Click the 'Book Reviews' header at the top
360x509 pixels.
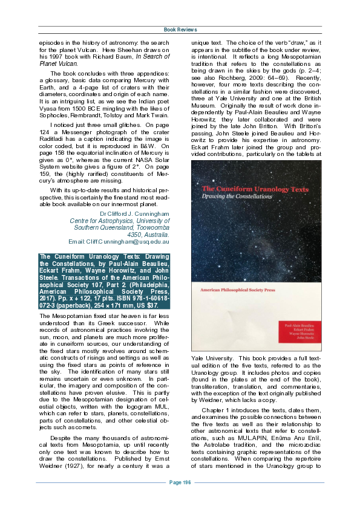[180, 29]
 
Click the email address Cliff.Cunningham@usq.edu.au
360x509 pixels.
[128, 242]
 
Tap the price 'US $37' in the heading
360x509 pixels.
[154, 305]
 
